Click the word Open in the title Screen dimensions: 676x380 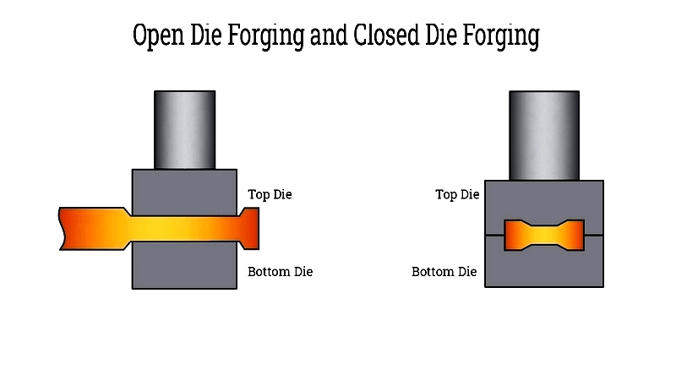tap(158, 35)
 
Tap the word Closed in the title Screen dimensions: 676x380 tap(386, 35)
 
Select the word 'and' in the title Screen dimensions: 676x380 tap(329, 35)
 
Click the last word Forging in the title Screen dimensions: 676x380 tap(501, 36)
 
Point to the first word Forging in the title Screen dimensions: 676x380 tap(265, 36)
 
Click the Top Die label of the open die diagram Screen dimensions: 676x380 tap(270, 194)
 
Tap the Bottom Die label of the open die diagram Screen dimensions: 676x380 tap(281, 272)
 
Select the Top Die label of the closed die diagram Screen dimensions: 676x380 tap(457, 194)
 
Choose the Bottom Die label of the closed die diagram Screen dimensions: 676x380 tap(444, 272)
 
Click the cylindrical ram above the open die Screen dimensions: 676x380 tap(184, 130)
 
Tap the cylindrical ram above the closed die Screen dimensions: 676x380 tap(544, 135)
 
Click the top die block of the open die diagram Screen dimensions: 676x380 tap(184, 193)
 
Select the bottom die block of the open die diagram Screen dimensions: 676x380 tap(184, 265)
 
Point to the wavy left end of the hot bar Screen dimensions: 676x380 tap(62, 229)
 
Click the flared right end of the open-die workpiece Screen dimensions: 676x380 tap(249, 228)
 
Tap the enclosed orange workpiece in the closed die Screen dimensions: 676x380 tap(544, 236)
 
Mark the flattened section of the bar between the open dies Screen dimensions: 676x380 tap(184, 229)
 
